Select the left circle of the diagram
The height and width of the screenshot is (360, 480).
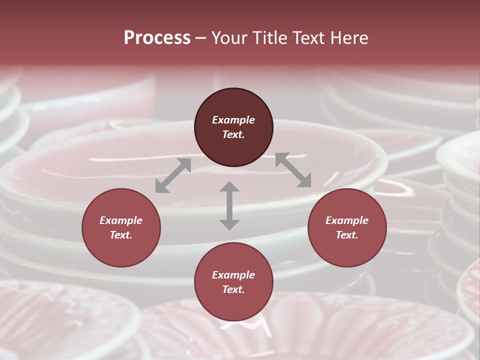(x=121, y=228)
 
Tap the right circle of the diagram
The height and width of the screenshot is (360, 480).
(x=347, y=228)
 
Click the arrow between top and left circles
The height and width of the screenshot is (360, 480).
(x=173, y=175)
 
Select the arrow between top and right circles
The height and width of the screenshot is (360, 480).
(x=293, y=170)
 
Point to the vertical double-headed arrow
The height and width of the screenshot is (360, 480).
(x=229, y=205)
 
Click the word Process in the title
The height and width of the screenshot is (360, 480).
(x=157, y=38)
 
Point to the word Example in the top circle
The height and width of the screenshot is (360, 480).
(x=233, y=120)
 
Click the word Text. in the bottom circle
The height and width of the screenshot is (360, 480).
(x=233, y=289)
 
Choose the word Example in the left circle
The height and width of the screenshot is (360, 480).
(x=121, y=220)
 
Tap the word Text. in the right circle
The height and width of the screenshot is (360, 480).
(x=347, y=235)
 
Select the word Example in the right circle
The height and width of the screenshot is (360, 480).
(x=347, y=220)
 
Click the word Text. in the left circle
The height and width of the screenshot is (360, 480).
(x=121, y=235)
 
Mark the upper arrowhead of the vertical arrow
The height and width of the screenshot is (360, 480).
(x=229, y=187)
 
